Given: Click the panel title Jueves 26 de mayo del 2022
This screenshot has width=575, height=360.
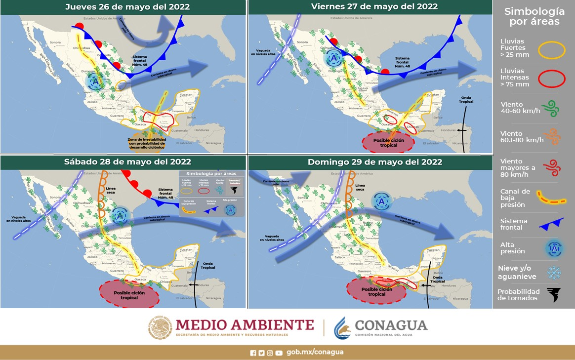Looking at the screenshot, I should point(127,7).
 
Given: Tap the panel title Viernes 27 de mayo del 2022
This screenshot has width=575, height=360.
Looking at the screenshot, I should point(374,6).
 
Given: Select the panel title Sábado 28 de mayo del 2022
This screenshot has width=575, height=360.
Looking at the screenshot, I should point(127,162).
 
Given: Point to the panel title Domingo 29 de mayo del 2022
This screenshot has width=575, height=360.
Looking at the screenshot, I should point(374,162).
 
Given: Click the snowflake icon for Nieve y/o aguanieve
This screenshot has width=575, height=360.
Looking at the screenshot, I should point(553,272).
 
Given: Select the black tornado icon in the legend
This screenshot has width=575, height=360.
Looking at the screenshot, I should point(553,294).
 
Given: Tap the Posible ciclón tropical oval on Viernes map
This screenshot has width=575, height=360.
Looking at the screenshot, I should point(389,143).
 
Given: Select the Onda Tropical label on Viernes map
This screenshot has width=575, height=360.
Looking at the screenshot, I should point(466,99).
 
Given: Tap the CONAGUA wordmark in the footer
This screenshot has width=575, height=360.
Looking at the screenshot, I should point(391,325).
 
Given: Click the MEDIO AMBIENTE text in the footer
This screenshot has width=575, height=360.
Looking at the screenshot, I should point(245,324).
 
